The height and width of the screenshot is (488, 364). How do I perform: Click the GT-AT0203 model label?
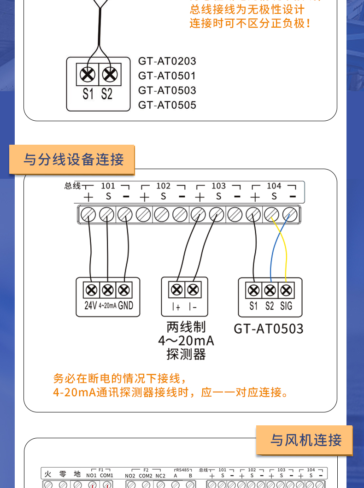[x=167, y=61]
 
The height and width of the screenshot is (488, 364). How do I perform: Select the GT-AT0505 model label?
[x=167, y=105]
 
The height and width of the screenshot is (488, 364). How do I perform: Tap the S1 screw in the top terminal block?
[x=88, y=75]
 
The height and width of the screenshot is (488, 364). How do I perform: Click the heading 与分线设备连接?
[x=74, y=160]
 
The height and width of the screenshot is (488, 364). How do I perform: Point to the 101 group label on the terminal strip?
[x=108, y=186]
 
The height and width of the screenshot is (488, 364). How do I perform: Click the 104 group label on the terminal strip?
[x=274, y=186]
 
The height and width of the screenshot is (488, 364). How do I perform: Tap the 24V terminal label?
[x=90, y=305]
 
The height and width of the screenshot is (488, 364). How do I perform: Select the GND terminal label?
[x=125, y=305]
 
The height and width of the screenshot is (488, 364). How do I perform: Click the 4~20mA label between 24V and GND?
[x=107, y=306]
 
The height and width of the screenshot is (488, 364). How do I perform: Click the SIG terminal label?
[x=286, y=306]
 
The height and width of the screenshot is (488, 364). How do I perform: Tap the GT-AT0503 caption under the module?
[x=268, y=329]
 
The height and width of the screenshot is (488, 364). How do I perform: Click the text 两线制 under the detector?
[x=186, y=328]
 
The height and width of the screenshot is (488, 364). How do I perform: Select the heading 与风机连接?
[x=306, y=440]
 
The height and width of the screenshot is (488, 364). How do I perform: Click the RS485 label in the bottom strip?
[x=183, y=470]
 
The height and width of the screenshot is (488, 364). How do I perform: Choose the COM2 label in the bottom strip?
[x=146, y=476]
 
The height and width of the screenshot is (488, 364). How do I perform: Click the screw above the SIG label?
[x=286, y=290]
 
